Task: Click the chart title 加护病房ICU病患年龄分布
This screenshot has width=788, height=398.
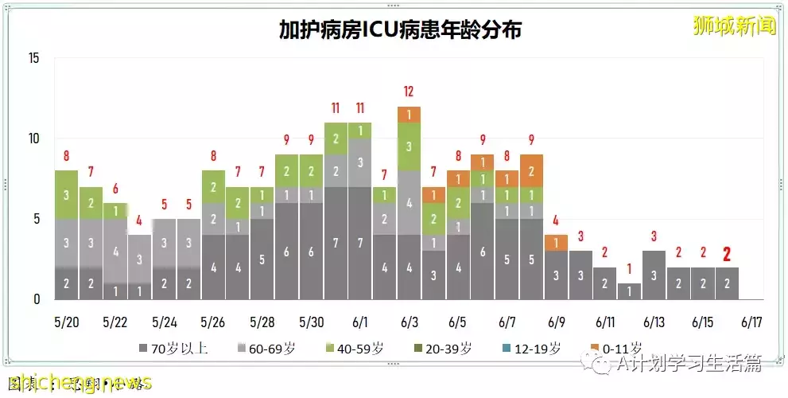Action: point(400,30)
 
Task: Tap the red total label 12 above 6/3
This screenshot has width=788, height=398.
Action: point(409,92)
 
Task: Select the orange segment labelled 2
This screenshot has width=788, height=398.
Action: point(531,170)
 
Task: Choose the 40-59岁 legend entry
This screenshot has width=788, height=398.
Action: point(362,348)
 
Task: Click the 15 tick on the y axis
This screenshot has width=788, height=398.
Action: point(33,58)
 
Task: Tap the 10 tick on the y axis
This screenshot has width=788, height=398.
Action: point(33,139)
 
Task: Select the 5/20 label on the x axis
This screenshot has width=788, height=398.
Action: point(66,323)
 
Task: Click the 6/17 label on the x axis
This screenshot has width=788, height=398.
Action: point(751,323)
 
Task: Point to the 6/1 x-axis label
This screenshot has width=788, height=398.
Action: point(359,323)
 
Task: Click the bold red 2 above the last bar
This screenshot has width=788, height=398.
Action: point(726,254)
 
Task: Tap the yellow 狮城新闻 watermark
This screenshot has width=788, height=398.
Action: point(733,25)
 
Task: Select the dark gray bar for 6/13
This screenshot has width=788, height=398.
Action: point(654,275)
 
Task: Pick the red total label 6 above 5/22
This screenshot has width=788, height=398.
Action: point(115,189)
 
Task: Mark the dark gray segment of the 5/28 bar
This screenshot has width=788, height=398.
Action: point(262,259)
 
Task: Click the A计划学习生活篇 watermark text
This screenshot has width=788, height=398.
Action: point(688,364)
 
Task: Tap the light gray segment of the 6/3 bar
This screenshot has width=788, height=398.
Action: point(409,202)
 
